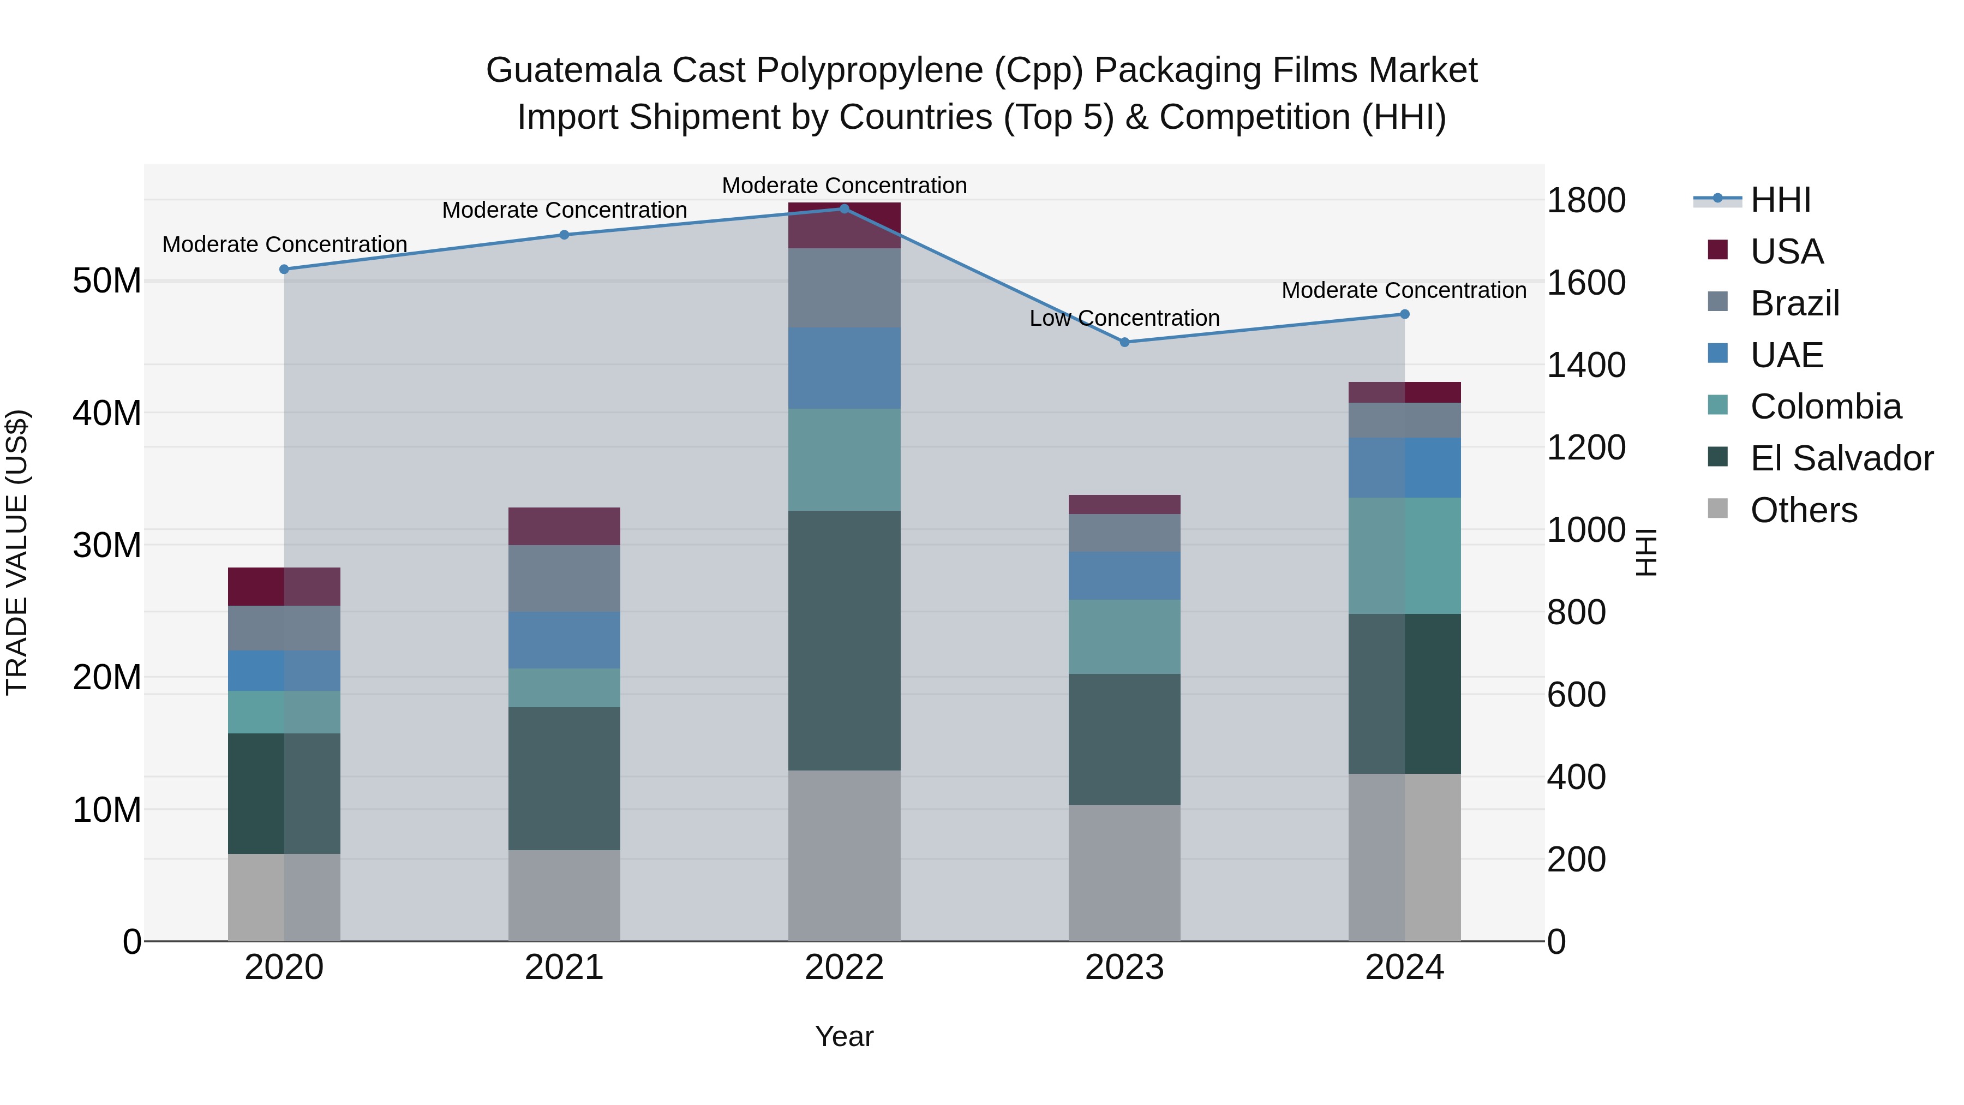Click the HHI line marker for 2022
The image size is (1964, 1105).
tap(844, 209)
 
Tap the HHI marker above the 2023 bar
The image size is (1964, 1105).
tap(1124, 342)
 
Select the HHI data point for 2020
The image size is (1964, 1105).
tap(284, 269)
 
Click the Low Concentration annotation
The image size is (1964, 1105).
tap(1124, 318)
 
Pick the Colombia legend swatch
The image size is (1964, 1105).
tap(1718, 405)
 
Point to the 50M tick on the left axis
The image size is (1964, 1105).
tap(107, 282)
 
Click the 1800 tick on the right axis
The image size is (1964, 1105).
tap(1586, 201)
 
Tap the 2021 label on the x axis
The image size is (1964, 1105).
tap(564, 967)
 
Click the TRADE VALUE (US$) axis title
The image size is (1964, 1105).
tap(17, 552)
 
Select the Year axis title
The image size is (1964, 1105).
tap(844, 1036)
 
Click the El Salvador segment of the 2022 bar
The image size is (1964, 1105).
tap(844, 641)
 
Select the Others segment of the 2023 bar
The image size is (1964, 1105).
tap(1124, 873)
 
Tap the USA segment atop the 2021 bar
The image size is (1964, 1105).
tap(564, 526)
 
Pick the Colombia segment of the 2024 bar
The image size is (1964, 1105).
tap(1404, 556)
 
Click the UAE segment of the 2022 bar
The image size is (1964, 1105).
tap(844, 368)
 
